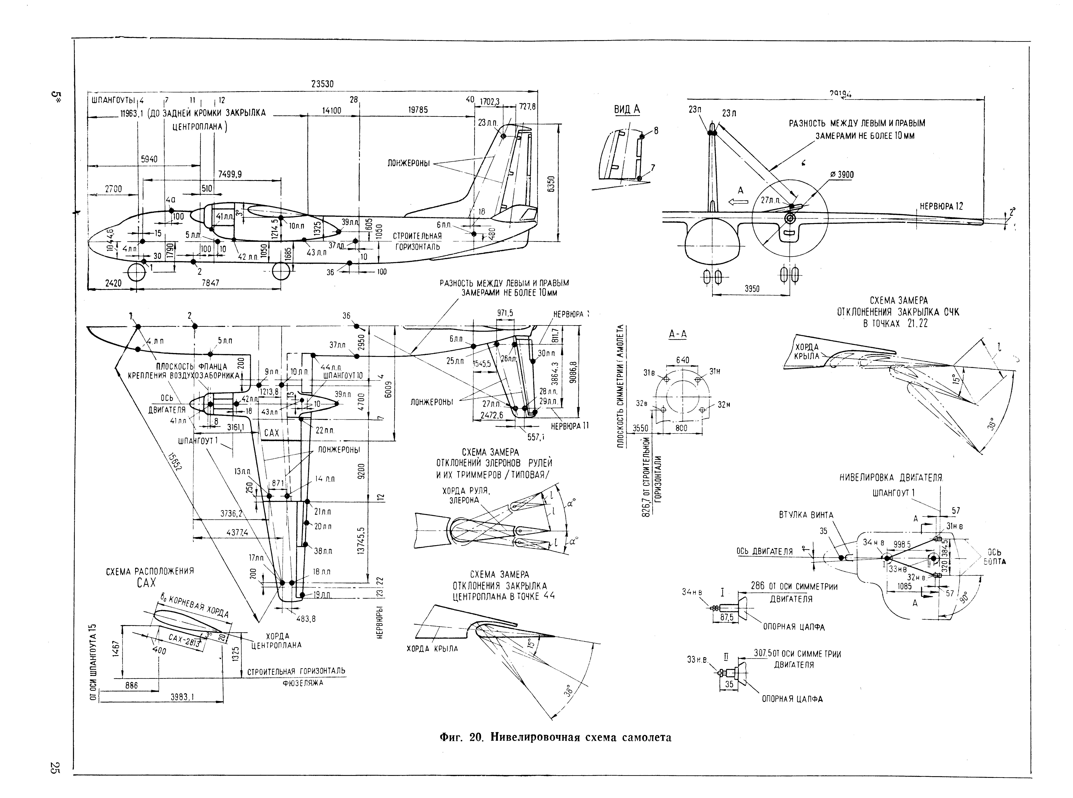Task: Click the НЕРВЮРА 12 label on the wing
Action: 941,206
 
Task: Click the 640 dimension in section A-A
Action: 682,360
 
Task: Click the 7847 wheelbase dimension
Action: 210,283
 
